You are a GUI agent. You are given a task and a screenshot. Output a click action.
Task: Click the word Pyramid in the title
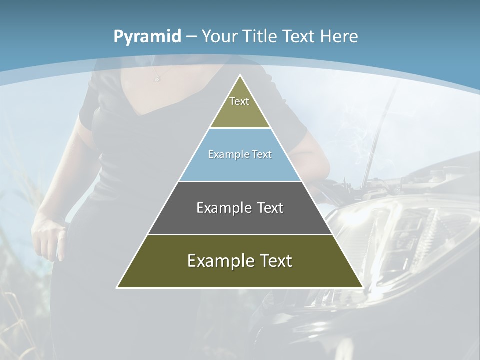147,36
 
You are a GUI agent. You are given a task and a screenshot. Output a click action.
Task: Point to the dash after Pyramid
191,37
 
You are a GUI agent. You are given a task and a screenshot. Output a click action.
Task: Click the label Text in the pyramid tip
239,101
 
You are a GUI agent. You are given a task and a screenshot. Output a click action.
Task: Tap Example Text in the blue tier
240,154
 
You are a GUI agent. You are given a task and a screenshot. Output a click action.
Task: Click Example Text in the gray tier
240,208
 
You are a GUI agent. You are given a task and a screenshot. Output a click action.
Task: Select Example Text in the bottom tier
240,261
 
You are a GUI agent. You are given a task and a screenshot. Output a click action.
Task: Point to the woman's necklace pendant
156,79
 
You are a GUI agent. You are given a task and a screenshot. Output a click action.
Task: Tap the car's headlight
400,235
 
